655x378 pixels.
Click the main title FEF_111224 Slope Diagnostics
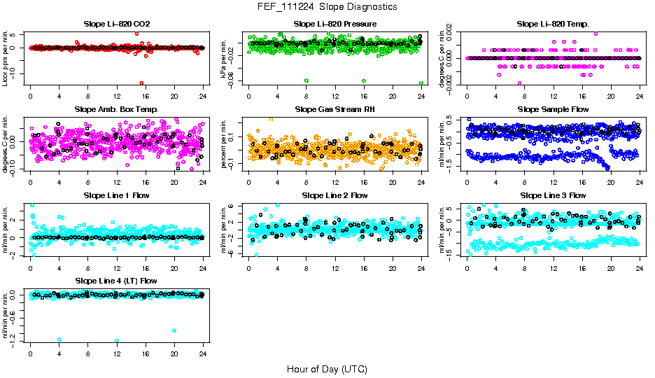click(x=327, y=6)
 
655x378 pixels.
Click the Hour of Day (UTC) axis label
click(x=327, y=368)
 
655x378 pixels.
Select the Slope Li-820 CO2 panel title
click(x=116, y=24)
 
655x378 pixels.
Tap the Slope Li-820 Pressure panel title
click(x=334, y=24)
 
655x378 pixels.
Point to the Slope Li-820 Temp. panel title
click(x=553, y=24)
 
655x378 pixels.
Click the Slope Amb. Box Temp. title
click(x=116, y=109)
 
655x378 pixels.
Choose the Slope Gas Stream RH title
click(x=334, y=109)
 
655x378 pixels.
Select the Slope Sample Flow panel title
click(x=553, y=109)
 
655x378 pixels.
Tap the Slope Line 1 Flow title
click(x=116, y=195)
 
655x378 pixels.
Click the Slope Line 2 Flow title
click(x=334, y=195)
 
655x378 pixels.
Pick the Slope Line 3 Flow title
click(x=553, y=195)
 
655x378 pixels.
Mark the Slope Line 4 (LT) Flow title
click(x=116, y=281)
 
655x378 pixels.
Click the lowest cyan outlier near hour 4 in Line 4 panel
click(x=59, y=339)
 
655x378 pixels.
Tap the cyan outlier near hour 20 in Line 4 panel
click(x=174, y=330)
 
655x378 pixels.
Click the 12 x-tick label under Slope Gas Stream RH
click(x=335, y=182)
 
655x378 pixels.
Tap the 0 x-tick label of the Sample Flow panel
click(x=467, y=182)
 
